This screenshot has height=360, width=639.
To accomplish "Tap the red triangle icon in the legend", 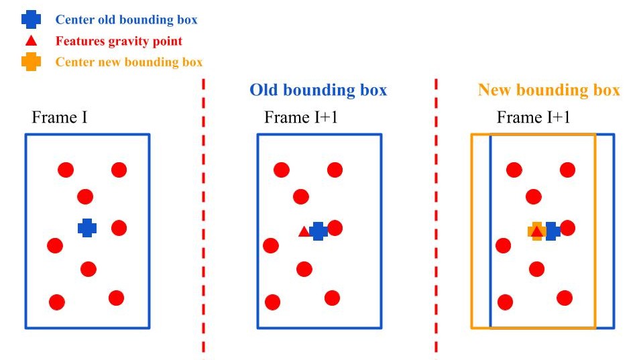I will click(x=31, y=41).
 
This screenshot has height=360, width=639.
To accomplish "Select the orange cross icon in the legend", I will click(x=31, y=62).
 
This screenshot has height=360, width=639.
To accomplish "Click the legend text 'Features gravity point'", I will click(x=119, y=41).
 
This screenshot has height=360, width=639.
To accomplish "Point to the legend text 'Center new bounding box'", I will click(x=129, y=62).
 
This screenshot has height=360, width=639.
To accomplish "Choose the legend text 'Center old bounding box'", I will click(x=126, y=19).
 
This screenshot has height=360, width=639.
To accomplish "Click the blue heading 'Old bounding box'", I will click(x=318, y=90).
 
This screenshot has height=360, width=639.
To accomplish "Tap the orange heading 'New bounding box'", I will click(x=548, y=90).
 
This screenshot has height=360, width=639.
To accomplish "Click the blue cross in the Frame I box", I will click(x=87, y=228).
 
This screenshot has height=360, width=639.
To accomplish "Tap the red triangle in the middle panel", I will click(x=304, y=231).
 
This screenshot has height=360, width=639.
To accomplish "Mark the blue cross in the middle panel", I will click(x=318, y=231).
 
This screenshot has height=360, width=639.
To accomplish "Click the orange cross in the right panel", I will click(x=536, y=231).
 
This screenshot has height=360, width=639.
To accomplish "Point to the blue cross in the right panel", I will click(x=552, y=231).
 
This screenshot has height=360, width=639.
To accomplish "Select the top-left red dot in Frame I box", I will click(x=65, y=170).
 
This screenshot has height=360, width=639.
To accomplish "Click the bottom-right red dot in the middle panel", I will click(x=332, y=298).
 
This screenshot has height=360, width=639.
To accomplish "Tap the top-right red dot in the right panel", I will click(x=567, y=170).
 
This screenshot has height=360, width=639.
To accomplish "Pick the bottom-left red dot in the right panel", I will click(x=505, y=302).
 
